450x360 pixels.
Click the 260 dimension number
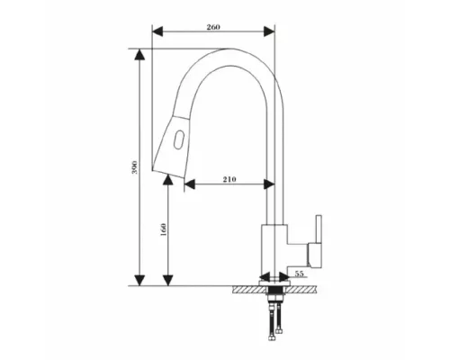pyautogui.click(x=213, y=27)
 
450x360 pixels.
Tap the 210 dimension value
pyautogui.click(x=229, y=179)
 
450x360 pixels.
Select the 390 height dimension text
pyautogui.click(x=135, y=167)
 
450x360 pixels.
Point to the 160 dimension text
pyautogui.click(x=163, y=229)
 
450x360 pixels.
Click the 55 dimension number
pyautogui.click(x=300, y=274)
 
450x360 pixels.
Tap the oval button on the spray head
pyautogui.click(x=179, y=139)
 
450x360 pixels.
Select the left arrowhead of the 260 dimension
pyautogui.click(x=157, y=31)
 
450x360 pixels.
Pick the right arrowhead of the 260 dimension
pyautogui.click(x=269, y=31)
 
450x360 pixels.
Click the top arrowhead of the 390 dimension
pyautogui.click(x=139, y=54)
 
